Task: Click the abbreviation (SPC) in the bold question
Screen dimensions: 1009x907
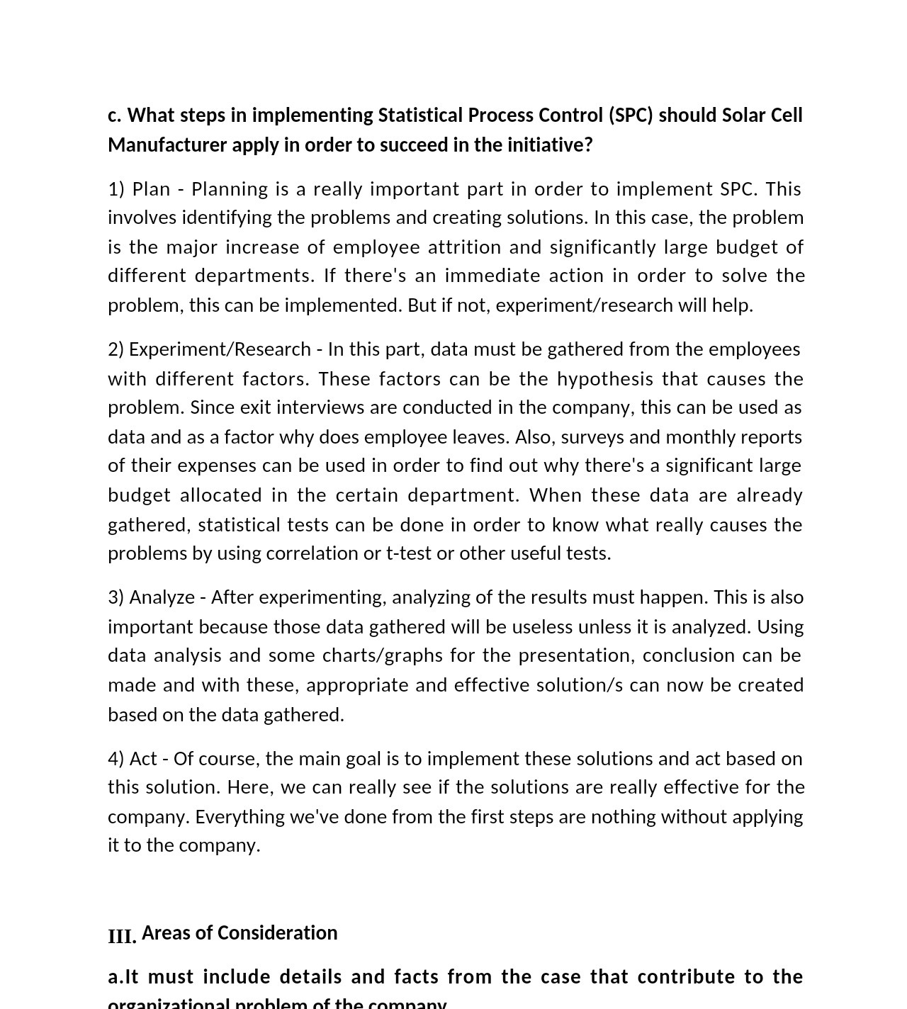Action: tap(630, 115)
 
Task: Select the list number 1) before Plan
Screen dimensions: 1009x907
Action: tap(116, 189)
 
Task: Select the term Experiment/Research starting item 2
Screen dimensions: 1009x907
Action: tap(220, 349)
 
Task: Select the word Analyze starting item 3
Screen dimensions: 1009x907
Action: tap(162, 597)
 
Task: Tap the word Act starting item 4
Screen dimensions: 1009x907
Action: tap(143, 759)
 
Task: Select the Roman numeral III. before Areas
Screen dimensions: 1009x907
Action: tap(122, 936)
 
